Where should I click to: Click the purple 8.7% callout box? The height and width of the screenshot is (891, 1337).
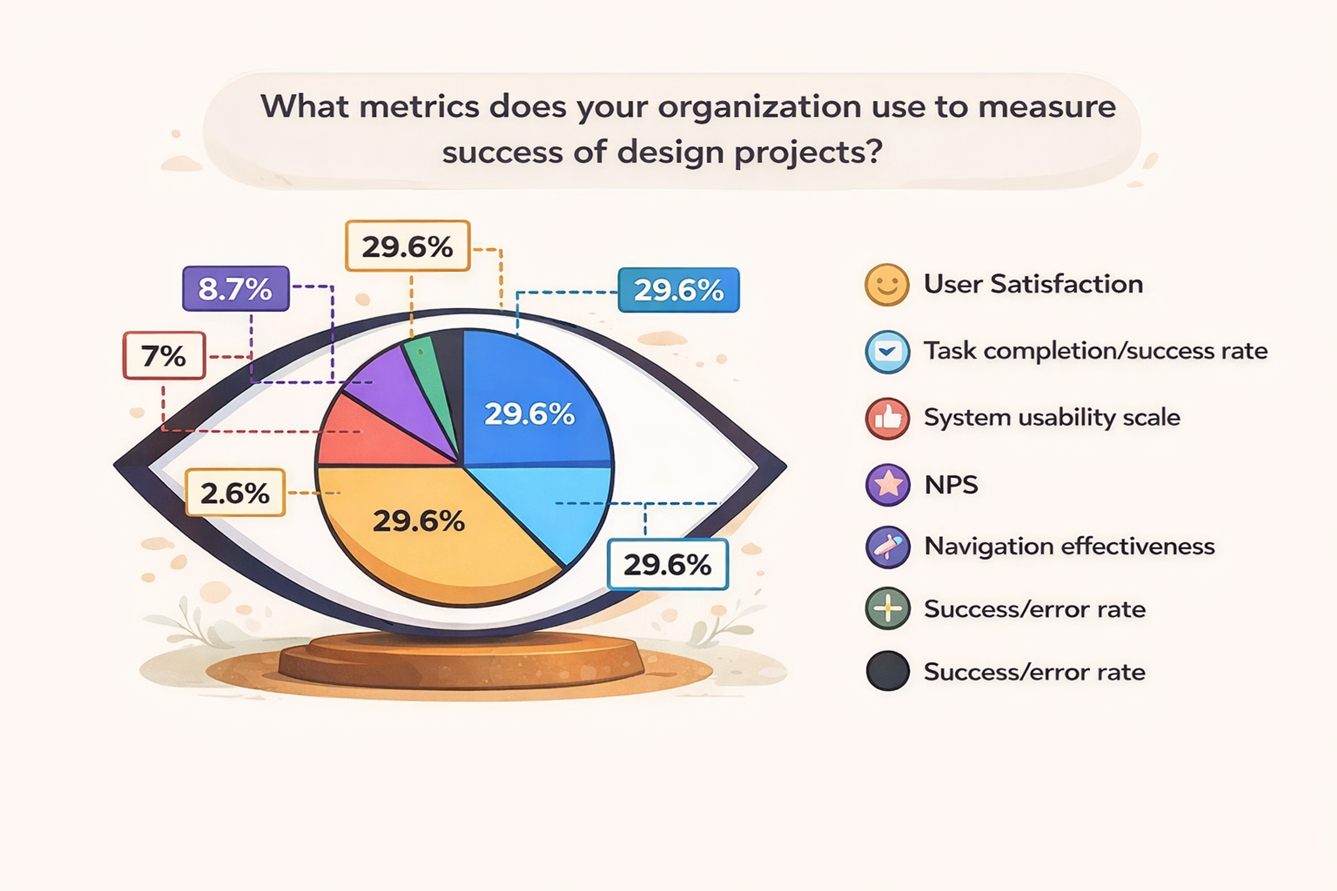[235, 289]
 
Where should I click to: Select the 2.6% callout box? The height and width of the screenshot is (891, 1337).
[235, 493]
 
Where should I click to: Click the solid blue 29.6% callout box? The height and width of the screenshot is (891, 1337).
[678, 290]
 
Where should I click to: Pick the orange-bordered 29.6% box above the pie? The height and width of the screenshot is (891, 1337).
[408, 246]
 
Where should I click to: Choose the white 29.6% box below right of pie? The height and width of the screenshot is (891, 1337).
[667, 564]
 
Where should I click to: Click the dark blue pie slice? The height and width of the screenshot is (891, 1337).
[529, 398]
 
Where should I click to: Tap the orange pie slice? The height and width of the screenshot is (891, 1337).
[421, 534]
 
